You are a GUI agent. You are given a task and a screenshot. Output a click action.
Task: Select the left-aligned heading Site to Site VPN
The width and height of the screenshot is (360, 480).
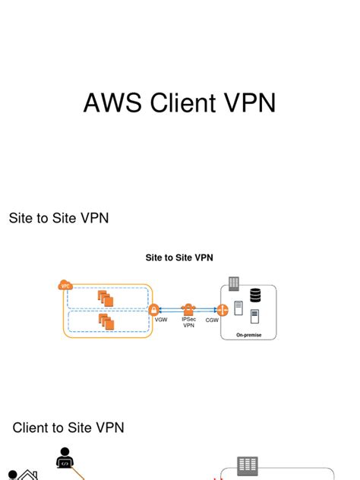[x=58, y=219]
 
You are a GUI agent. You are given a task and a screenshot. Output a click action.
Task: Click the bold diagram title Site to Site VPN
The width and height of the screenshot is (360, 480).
[x=179, y=257]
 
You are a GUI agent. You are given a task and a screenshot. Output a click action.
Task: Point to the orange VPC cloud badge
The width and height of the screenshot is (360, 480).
[x=65, y=286]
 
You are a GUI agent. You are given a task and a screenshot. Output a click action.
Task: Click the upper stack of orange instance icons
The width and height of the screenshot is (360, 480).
[x=106, y=298]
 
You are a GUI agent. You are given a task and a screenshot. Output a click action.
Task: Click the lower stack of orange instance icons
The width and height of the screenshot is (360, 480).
[x=106, y=322]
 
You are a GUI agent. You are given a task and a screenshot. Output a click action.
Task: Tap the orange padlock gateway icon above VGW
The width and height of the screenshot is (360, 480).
[x=154, y=310]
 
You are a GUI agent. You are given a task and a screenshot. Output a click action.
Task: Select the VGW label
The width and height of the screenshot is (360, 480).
[x=161, y=321]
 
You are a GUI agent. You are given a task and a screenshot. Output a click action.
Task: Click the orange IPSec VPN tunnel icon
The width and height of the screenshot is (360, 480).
[x=188, y=309]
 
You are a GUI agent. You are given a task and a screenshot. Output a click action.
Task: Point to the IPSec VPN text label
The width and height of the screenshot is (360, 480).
[x=189, y=323]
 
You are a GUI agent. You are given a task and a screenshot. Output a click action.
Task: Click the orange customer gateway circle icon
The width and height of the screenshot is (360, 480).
[x=223, y=310]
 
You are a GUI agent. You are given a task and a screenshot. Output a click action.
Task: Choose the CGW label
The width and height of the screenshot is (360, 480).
[x=213, y=321]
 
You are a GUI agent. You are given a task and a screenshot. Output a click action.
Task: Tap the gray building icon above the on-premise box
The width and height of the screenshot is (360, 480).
[x=233, y=283]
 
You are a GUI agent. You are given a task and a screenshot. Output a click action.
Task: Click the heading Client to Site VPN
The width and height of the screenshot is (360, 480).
[x=68, y=428]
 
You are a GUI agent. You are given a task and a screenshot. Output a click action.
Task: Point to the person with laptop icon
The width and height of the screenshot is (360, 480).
[x=65, y=459]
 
